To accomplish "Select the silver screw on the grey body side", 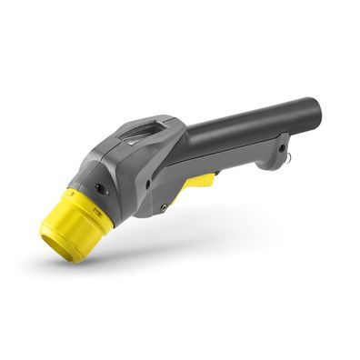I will (x=163, y=207).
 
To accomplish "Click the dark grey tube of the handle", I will (x=245, y=127).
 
